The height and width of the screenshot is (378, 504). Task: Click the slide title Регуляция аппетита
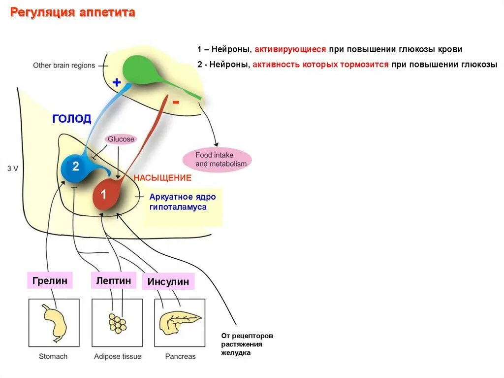click(73, 13)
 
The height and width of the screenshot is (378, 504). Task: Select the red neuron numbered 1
click(105, 196)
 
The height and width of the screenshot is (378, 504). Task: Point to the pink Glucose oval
click(121, 139)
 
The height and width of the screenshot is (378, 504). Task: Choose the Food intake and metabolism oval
click(217, 159)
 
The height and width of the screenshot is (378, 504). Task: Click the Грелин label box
click(50, 280)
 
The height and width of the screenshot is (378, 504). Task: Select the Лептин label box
click(113, 280)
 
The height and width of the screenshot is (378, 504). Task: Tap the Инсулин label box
click(168, 282)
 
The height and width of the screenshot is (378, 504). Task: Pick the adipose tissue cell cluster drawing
click(117, 323)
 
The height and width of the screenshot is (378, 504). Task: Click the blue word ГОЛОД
click(72, 119)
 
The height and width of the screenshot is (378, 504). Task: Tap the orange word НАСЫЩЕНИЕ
click(162, 177)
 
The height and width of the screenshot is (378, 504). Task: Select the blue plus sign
click(117, 82)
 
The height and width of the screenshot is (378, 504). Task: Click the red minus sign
click(176, 102)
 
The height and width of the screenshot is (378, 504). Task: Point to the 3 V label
click(13, 168)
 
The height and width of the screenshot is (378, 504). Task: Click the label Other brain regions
click(64, 65)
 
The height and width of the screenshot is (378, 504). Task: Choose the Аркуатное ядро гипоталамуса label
click(183, 202)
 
